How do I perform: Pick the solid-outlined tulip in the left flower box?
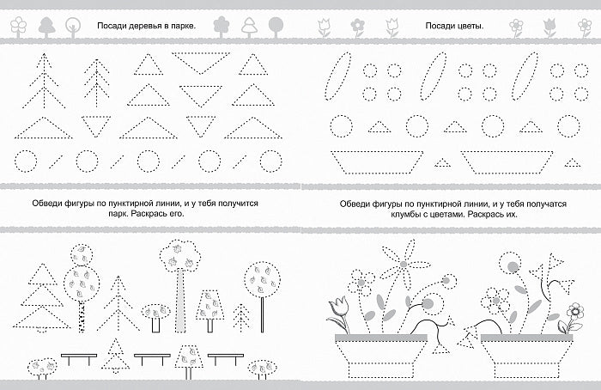[x=338, y=313]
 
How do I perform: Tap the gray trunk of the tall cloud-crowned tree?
[x=180, y=300]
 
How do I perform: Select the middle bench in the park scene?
[x=152, y=359]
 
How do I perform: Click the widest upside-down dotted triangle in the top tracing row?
[x=201, y=62]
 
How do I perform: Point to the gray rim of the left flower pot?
[x=381, y=338]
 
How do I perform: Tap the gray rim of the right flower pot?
[x=526, y=338]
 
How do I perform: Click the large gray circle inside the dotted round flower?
[x=513, y=266]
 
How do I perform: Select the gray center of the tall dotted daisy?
[x=404, y=265]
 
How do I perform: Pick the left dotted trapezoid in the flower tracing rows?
[x=377, y=161]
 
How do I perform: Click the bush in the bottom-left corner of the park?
[x=42, y=368]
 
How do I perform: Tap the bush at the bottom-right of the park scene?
[x=263, y=369]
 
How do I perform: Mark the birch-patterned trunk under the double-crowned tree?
[x=82, y=316]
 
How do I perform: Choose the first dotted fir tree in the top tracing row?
[x=44, y=81]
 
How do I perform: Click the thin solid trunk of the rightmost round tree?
[x=262, y=314]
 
